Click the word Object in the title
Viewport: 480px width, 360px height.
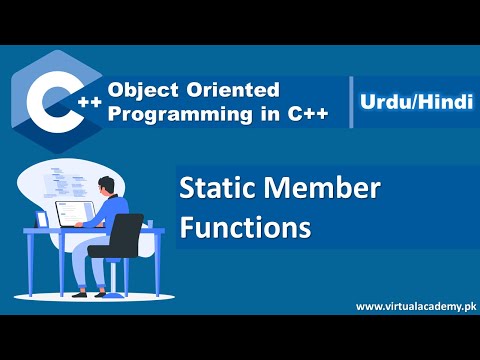click(141, 91)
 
